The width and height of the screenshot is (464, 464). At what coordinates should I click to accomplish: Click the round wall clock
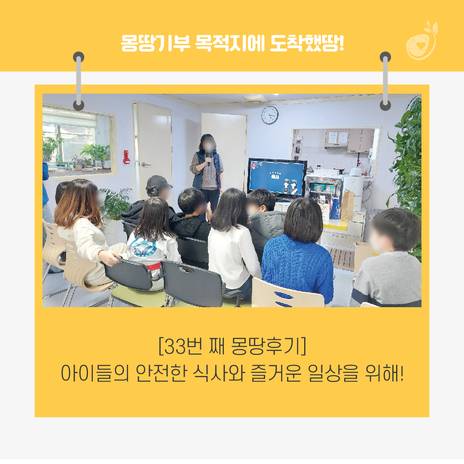[270, 115]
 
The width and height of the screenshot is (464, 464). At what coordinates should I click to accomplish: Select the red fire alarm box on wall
[127, 157]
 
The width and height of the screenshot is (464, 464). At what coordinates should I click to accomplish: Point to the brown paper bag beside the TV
[347, 205]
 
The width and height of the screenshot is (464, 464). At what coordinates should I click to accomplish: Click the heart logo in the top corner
[421, 41]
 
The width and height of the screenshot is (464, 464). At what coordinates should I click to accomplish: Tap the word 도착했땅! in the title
[307, 43]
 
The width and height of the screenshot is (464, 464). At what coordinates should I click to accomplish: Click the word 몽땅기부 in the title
[156, 43]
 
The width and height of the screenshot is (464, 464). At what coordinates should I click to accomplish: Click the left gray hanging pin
[79, 81]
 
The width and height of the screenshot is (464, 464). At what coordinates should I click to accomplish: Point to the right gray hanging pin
[385, 81]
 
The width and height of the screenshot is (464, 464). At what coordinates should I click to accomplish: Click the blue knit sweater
[297, 268]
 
